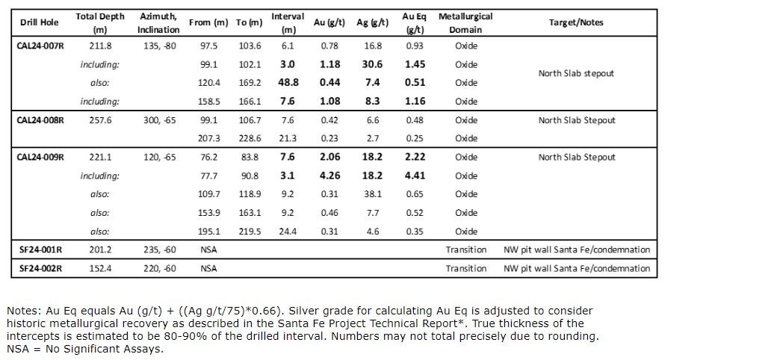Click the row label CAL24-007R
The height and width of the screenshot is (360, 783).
[40, 46]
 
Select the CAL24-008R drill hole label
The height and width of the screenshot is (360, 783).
[40, 120]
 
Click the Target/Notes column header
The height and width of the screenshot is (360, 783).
[576, 22]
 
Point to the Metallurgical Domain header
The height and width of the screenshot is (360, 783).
[465, 22]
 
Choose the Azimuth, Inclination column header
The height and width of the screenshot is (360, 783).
[158, 22]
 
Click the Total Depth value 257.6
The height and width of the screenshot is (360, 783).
[100, 120]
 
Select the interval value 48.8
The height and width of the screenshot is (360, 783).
[288, 83]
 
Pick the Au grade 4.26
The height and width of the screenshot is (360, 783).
[329, 176]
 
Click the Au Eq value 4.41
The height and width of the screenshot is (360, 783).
[415, 176]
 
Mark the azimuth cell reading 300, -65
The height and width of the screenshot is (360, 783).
[159, 120]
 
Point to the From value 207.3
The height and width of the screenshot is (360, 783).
[209, 138]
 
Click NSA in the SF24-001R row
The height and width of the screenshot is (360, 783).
[209, 249]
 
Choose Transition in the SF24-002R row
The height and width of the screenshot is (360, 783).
[466, 268]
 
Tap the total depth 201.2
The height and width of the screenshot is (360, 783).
[100, 249]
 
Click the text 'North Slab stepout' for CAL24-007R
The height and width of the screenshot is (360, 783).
[576, 74]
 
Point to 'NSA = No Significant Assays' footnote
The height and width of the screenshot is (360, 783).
[84, 349]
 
